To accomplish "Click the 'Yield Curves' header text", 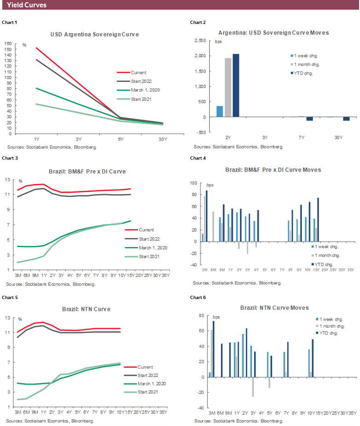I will coord(26,5).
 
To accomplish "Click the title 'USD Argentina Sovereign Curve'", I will coord(94,35).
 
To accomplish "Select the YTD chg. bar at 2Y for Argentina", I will coord(236,86).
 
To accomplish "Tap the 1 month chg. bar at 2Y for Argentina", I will coord(227,87).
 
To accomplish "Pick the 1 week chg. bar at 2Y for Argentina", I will coord(220,111).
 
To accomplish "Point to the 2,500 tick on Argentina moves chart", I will coord(199,41).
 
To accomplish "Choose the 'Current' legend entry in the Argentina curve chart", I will coord(139,72).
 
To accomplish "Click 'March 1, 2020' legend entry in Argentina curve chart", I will coord(145,90).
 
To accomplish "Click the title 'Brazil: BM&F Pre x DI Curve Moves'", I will coord(273,170).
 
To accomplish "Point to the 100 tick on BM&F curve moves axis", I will coord(193,183).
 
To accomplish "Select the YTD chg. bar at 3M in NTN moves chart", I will coord(213,349).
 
